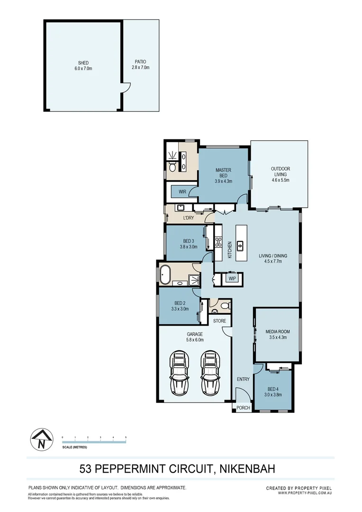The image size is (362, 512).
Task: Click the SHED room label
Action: point(83,65)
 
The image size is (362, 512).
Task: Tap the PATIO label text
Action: point(140,64)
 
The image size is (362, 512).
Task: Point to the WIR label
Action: point(182,192)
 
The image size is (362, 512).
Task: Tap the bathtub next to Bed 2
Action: point(166,275)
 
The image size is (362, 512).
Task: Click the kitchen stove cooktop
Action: point(218,243)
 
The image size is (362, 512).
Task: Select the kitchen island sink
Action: point(240,245)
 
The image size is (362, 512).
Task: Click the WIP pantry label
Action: point(232,278)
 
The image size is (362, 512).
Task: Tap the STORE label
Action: point(219,321)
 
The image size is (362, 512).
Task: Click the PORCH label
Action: point(243,408)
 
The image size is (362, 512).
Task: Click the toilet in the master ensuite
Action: point(172,166)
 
